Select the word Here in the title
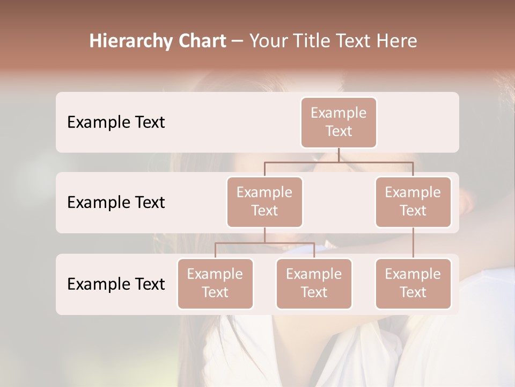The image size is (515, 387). [397, 41]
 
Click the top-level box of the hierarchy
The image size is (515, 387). [339, 122]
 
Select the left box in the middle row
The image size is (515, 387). [264, 202]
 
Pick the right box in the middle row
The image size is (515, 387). [413, 202]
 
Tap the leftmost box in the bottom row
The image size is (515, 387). [215, 283]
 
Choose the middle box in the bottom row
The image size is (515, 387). [314, 283]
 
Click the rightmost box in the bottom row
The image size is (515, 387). [413, 283]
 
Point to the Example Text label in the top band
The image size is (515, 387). [116, 123]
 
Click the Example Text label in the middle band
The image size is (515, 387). [116, 202]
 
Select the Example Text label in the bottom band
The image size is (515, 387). [116, 284]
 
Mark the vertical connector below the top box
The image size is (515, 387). [339, 155]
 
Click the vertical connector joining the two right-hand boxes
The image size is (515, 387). [413, 243]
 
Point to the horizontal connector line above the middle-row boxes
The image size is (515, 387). [339, 162]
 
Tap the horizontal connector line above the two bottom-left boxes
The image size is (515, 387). [264, 243]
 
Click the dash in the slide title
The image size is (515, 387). [238, 41]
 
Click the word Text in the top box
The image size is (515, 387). [339, 131]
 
